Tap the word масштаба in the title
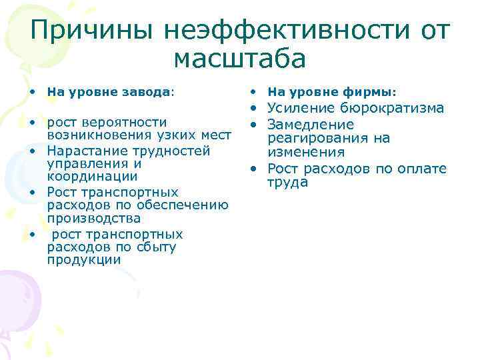tap(240, 59)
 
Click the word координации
tap(93, 177)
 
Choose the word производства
tap(94, 219)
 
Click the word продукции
tap(84, 260)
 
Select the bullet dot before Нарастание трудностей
tap(33, 151)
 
